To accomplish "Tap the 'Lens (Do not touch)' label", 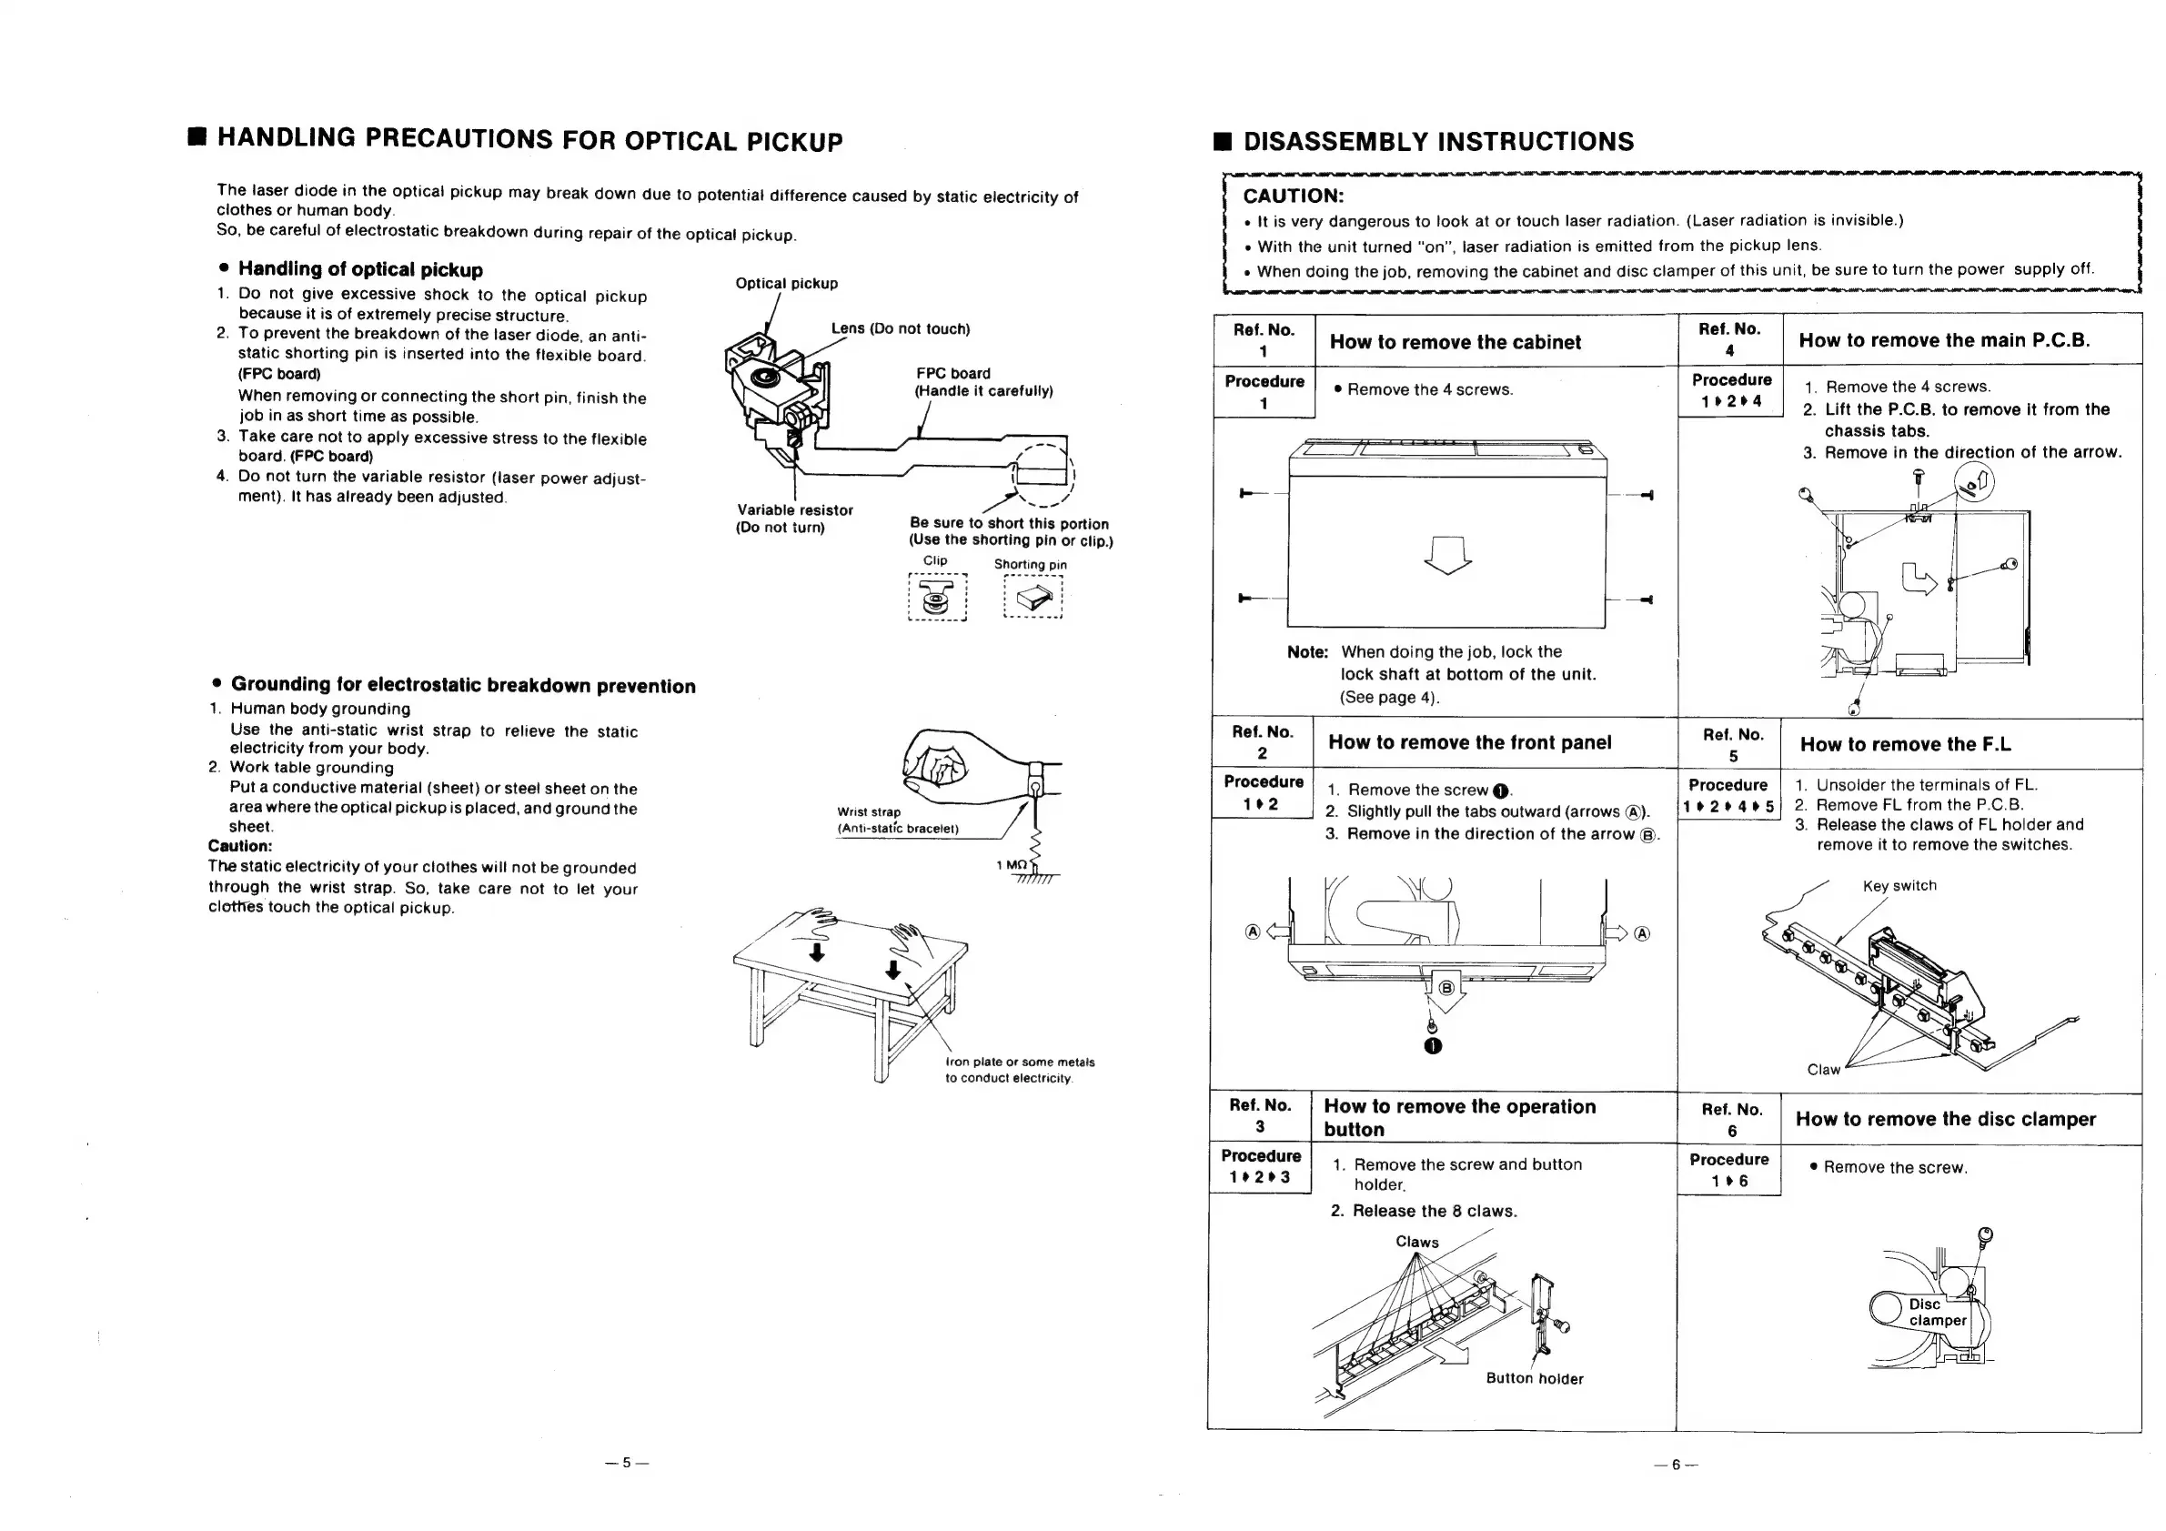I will click(900, 328).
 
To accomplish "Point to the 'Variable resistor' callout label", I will click(794, 510).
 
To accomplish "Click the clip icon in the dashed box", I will click(937, 597).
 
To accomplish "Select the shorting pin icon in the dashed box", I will click(1033, 596).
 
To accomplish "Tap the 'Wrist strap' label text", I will click(869, 812).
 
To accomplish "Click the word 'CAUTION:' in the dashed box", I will click(1293, 196).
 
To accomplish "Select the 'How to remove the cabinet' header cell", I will click(1455, 342).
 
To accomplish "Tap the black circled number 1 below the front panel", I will click(1433, 1046).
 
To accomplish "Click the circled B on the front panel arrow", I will click(1446, 989).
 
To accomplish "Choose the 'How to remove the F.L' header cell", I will click(1906, 744).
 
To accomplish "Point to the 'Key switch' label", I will click(1899, 886).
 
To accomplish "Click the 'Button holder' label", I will click(1534, 1378).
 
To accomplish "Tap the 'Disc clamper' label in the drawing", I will click(1937, 1312).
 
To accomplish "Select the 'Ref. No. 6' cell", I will click(1731, 1120).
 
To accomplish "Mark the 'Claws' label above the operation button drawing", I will click(1417, 1243).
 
